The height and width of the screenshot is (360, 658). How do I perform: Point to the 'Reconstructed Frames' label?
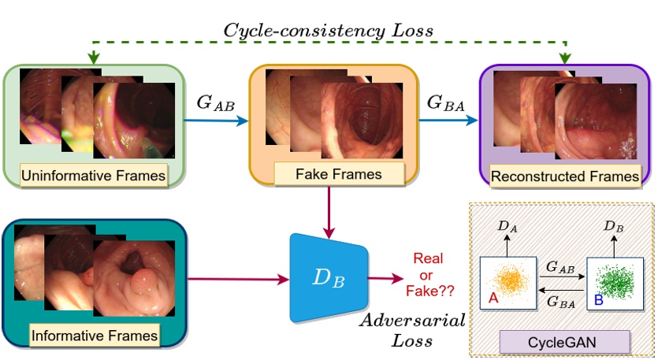565,176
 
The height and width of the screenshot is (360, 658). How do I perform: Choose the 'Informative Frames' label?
95,336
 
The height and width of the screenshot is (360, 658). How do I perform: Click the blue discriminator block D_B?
327,277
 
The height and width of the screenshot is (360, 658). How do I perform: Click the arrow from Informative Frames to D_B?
236,278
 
